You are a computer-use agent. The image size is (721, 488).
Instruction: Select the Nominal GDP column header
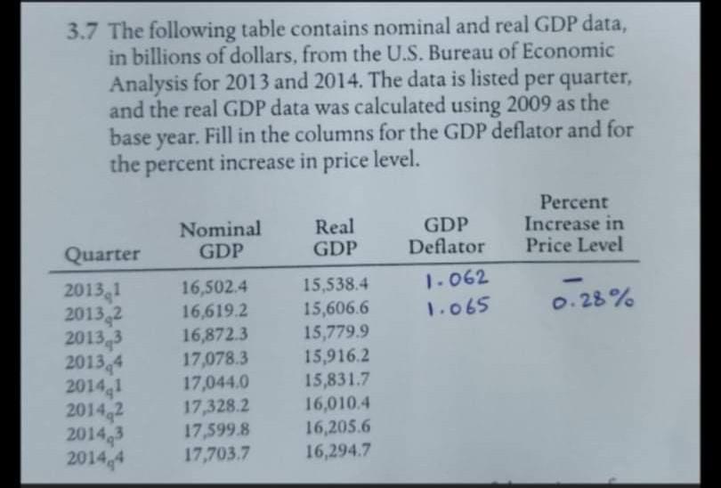[x=220, y=238]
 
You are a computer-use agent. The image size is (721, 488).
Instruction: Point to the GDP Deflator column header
[x=447, y=235]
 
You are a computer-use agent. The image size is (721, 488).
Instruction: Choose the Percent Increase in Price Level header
[x=573, y=224]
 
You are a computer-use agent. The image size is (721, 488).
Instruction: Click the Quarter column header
[x=102, y=253]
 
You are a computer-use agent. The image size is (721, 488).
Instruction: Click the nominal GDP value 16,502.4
[x=214, y=287]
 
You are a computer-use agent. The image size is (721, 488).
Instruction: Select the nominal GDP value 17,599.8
[x=215, y=436]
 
